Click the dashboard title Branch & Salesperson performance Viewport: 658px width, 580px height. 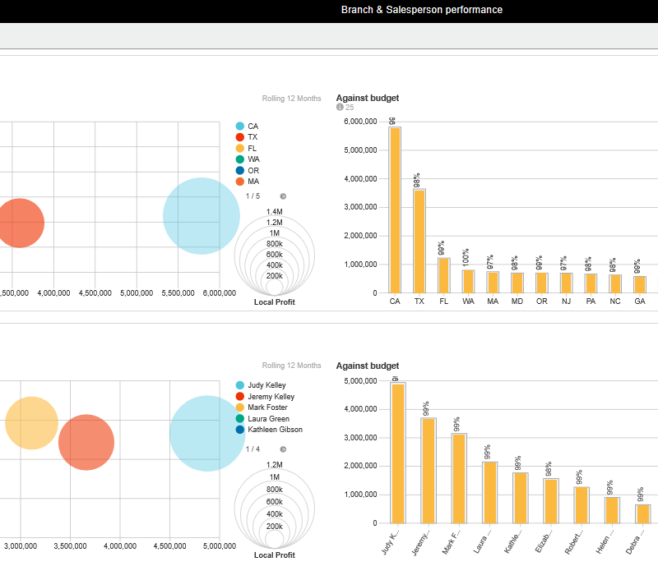click(x=421, y=10)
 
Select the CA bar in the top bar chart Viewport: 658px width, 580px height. click(x=396, y=210)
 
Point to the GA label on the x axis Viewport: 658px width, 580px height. click(x=640, y=302)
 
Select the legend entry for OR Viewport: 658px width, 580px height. click(x=253, y=170)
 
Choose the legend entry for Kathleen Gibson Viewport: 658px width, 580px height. click(x=275, y=430)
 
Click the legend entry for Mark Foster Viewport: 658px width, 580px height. click(x=268, y=407)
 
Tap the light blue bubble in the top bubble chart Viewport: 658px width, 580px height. click(x=202, y=215)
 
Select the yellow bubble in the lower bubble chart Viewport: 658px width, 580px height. click(x=31, y=423)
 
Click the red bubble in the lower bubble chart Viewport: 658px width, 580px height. click(x=86, y=443)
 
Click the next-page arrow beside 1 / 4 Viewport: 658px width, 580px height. click(x=283, y=449)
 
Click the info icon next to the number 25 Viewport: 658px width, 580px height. click(x=340, y=108)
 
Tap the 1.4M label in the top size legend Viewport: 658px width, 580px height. click(x=275, y=212)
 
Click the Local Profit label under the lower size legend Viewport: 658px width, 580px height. click(x=275, y=555)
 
